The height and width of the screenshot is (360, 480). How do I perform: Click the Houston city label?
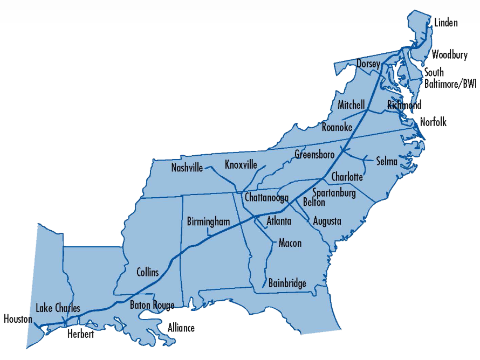[18, 319]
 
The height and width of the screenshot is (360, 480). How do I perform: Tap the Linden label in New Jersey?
[445, 23]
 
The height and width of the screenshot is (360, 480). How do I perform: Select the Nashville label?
[187, 168]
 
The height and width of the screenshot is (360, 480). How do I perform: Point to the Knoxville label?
[241, 164]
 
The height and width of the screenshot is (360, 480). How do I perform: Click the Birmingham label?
[209, 221]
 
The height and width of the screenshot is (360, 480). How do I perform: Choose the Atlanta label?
[279, 221]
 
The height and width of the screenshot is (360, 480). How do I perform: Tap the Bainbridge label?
[287, 283]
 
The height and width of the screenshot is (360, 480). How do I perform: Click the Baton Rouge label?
[152, 306]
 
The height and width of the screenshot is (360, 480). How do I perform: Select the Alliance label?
[181, 328]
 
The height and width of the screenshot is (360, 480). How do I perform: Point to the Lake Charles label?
[58, 308]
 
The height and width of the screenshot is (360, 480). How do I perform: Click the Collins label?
[147, 272]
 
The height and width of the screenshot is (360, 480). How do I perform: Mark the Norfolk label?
[434, 122]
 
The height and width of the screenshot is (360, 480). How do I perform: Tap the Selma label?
[387, 161]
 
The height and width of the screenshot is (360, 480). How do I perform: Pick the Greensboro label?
[314, 155]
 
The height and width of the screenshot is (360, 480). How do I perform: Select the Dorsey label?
[368, 64]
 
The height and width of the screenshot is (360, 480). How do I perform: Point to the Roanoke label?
[337, 128]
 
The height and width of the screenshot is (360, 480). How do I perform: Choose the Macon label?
[290, 243]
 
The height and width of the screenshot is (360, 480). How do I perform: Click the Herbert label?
[81, 334]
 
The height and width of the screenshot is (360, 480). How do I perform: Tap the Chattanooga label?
[266, 198]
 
